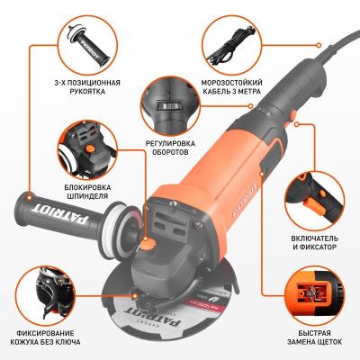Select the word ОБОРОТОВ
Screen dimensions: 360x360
tap(170, 152)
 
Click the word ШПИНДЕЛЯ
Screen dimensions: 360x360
tap(87, 196)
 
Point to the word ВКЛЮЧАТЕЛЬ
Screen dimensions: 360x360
tap(314, 238)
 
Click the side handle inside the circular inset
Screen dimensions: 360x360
tap(87, 45)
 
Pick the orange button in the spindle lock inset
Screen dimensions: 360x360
tap(90, 149)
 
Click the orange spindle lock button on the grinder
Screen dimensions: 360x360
tap(147, 244)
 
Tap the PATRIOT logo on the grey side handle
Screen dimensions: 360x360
tap(61, 214)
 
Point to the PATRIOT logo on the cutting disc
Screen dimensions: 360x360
tap(152, 317)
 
